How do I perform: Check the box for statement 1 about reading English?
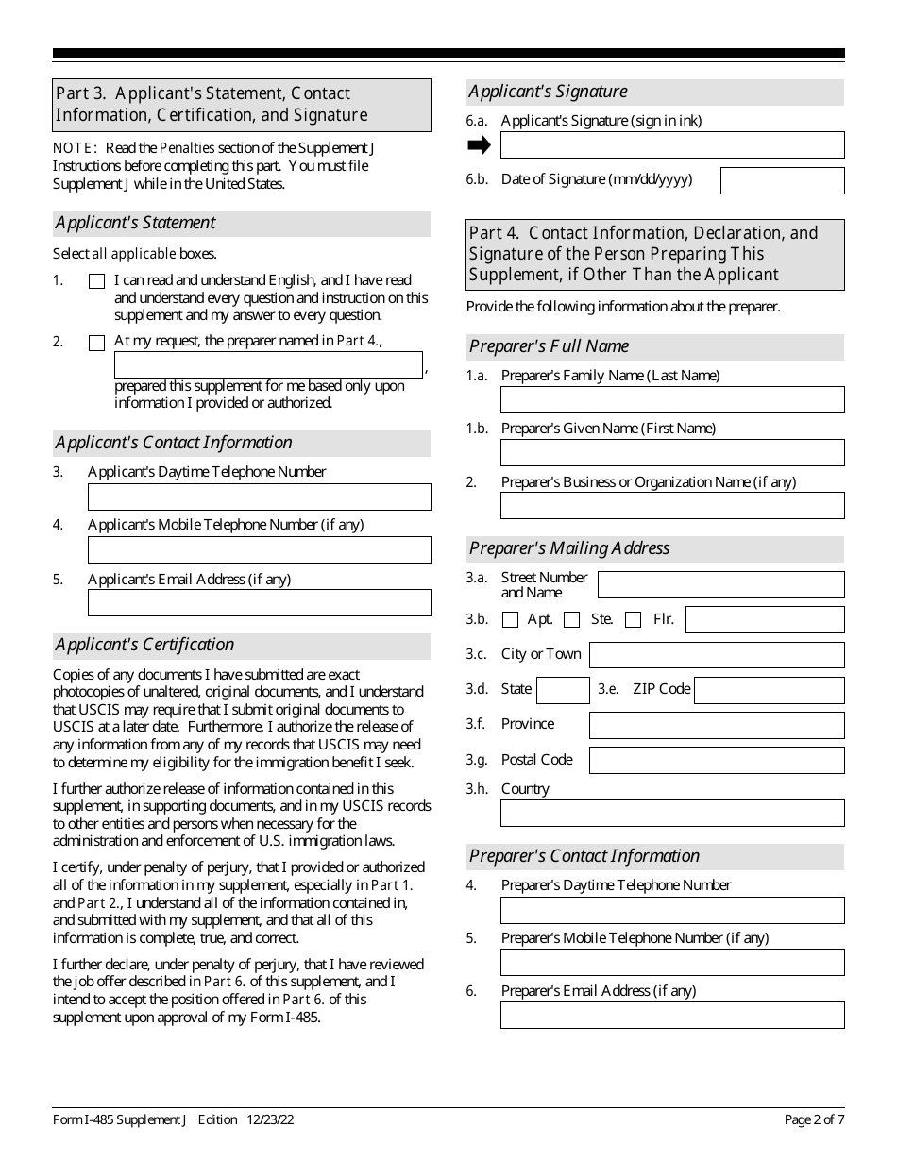(96, 281)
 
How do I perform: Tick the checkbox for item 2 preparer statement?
(96, 343)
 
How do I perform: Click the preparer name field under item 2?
(268, 365)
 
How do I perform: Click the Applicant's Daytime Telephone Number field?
(259, 496)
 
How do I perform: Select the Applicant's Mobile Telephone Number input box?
(259, 549)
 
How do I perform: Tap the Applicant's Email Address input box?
(259, 602)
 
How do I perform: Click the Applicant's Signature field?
(671, 144)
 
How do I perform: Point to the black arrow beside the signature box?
(480, 144)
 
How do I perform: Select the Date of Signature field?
(782, 180)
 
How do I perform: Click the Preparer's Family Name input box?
(671, 399)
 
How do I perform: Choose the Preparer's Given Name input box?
(671, 452)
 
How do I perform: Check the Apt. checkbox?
(511, 620)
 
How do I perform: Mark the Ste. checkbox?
(571, 620)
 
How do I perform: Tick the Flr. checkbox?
(634, 620)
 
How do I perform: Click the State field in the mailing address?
(563, 690)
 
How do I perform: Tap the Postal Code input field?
(716, 760)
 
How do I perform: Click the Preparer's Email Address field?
(671, 1015)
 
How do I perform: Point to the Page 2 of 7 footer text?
(814, 1120)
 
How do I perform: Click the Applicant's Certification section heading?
(144, 645)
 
